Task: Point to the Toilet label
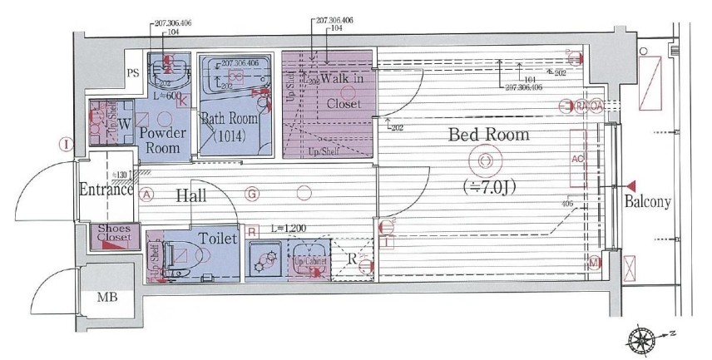pyautogui.click(x=218, y=238)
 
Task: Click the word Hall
pyautogui.click(x=191, y=195)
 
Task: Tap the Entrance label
pyautogui.click(x=106, y=189)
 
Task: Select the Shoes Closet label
pyautogui.click(x=114, y=234)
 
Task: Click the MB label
pyautogui.click(x=107, y=297)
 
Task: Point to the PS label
pyautogui.click(x=132, y=72)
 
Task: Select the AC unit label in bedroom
pyautogui.click(x=576, y=157)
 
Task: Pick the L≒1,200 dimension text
pyautogui.click(x=289, y=227)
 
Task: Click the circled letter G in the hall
pyautogui.click(x=250, y=195)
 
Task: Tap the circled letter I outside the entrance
pyautogui.click(x=64, y=144)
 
